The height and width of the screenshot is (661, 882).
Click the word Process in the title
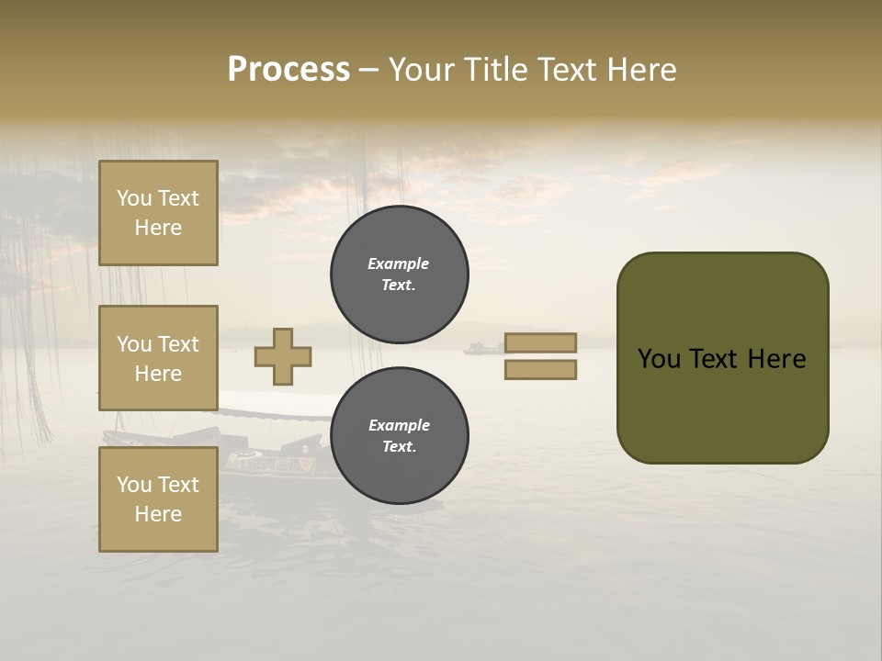point(288,69)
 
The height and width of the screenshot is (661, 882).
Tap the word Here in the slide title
point(639,69)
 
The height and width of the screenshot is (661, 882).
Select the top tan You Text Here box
point(158,213)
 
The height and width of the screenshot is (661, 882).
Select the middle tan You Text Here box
point(158,358)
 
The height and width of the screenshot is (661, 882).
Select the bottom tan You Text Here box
point(158,499)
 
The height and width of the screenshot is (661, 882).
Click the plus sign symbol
point(283,356)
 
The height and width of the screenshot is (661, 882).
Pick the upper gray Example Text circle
point(399,274)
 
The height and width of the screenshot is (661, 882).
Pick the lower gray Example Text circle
point(399,435)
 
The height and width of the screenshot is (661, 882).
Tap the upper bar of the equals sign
point(540,342)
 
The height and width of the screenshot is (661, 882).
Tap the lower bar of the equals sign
point(540,370)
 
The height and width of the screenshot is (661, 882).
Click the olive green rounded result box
point(722,358)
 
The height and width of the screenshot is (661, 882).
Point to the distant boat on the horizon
point(484,348)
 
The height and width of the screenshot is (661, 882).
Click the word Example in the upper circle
point(399,263)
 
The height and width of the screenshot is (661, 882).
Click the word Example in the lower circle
point(399,425)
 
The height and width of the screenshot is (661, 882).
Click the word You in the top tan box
point(134,198)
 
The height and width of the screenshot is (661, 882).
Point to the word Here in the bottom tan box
point(158,514)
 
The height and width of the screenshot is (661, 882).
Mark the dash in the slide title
point(369,70)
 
